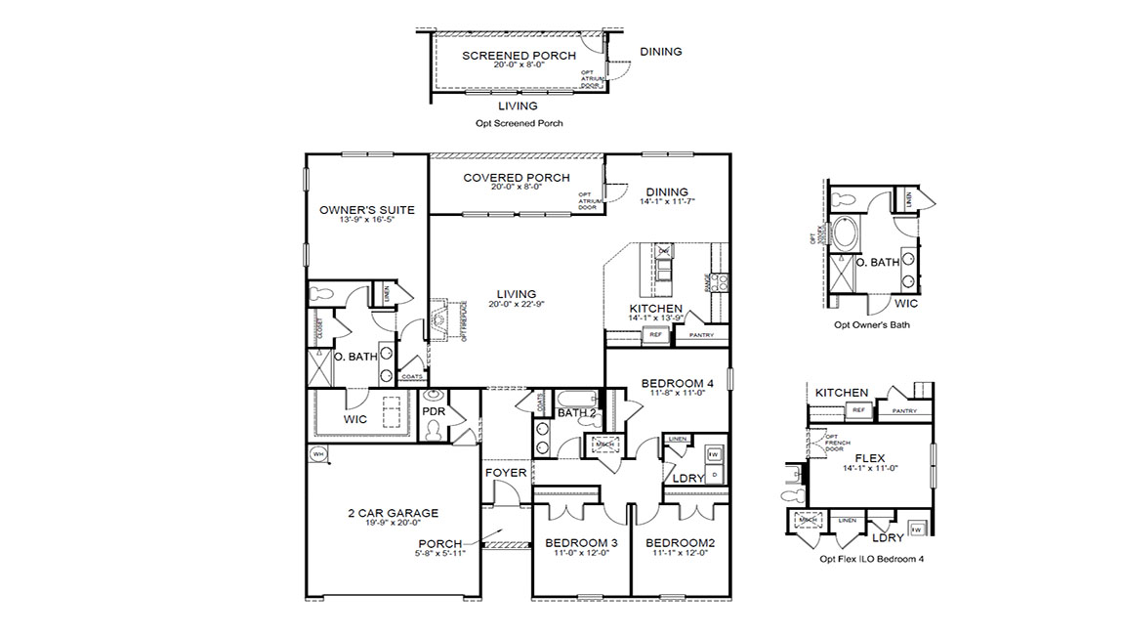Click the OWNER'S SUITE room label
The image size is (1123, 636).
(x=367, y=210)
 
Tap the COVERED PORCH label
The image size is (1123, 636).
(x=517, y=177)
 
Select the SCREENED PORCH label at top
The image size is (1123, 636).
(x=519, y=56)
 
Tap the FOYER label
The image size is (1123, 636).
(x=506, y=473)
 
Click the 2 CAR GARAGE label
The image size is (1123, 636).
(x=393, y=513)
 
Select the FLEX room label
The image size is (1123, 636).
(x=869, y=457)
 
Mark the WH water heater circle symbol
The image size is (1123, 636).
(x=318, y=454)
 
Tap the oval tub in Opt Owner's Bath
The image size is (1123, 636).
(x=846, y=235)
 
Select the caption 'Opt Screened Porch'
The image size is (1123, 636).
(x=519, y=124)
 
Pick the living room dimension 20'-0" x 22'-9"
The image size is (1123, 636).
(x=516, y=304)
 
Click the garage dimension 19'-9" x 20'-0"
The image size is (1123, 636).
(x=393, y=524)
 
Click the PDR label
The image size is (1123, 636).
(x=434, y=412)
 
